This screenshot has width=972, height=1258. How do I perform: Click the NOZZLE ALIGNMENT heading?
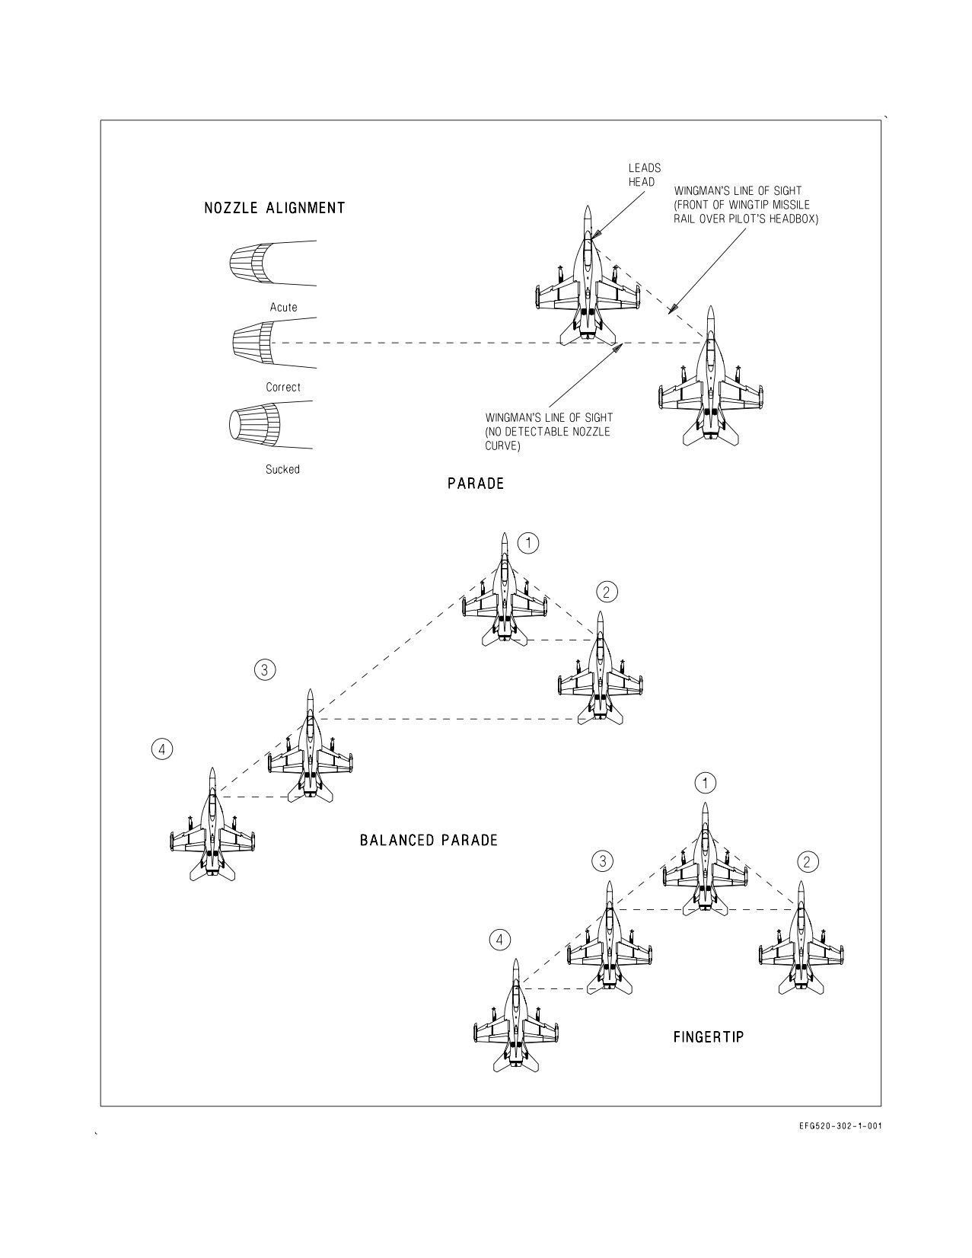pos(275,208)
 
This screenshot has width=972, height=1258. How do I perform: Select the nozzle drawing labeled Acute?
pos(272,263)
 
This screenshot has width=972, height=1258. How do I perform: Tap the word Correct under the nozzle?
pos(283,387)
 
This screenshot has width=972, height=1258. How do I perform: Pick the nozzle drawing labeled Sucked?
pos(271,425)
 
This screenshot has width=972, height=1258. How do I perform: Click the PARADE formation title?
pos(476,484)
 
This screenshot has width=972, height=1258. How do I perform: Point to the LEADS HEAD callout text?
pos(645,175)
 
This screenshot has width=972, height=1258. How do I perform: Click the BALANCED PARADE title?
pos(429,840)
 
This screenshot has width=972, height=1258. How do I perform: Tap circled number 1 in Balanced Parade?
pos(528,544)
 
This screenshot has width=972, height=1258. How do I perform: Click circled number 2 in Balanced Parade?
pos(607,592)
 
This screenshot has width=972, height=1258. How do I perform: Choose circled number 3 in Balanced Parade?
pos(264,670)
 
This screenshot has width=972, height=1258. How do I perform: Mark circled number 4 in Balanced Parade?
pos(162,750)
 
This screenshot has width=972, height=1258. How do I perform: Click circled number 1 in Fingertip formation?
pos(705,784)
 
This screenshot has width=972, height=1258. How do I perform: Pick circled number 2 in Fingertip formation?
pos(808,863)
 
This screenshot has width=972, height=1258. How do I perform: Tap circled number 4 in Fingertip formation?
pos(500,940)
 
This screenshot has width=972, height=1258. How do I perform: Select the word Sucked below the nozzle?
pos(282,469)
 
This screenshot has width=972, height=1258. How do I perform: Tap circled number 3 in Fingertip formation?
pos(602,861)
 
